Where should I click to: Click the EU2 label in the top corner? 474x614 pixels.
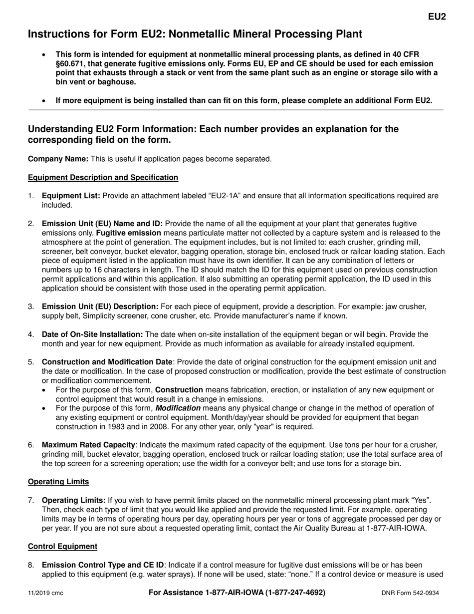pyautogui.click(x=437, y=16)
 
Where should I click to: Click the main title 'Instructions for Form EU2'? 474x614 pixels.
pyautogui.click(x=195, y=34)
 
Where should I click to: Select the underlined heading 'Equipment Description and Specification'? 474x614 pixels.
pyautogui.click(x=103, y=177)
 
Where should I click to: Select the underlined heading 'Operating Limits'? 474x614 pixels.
pyautogui.click(x=58, y=482)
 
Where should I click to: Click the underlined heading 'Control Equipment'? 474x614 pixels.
pyautogui.click(x=62, y=546)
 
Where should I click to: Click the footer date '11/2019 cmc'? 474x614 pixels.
pyautogui.click(x=45, y=593)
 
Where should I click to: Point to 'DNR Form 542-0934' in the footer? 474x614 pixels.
pyautogui.click(x=410, y=593)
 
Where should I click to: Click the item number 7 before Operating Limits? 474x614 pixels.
pyautogui.click(x=31, y=500)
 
